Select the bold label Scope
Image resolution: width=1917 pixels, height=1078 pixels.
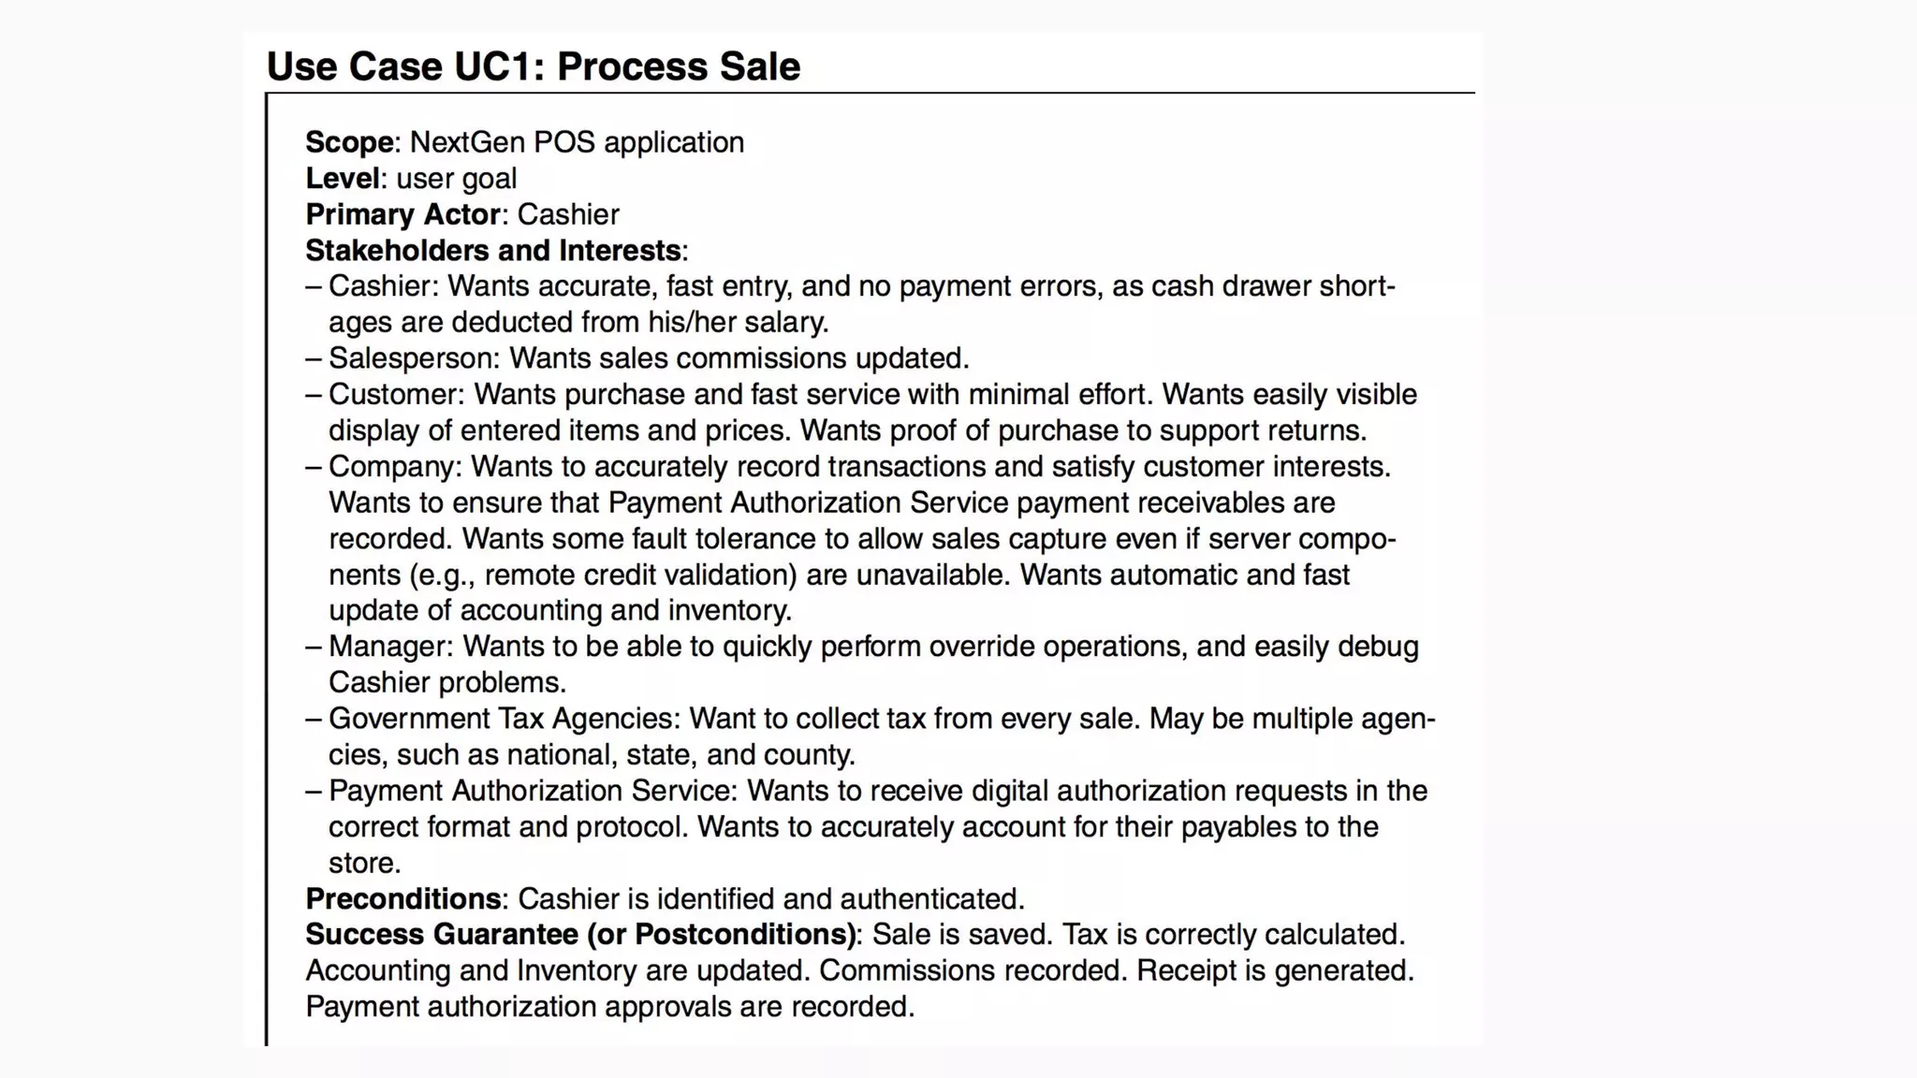(x=349, y=142)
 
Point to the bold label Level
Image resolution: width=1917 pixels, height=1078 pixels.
(x=343, y=179)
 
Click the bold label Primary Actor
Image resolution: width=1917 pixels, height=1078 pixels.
(x=402, y=214)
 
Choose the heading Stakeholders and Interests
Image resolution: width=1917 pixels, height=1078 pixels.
(x=493, y=251)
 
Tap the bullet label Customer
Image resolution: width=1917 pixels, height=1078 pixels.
(x=395, y=395)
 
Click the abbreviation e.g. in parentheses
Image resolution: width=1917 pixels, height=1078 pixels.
(x=445, y=575)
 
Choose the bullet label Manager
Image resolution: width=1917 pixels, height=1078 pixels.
(x=389, y=647)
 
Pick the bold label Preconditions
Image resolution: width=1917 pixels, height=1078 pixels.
(x=402, y=899)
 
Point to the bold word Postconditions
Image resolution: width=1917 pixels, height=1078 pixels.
(x=744, y=935)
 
